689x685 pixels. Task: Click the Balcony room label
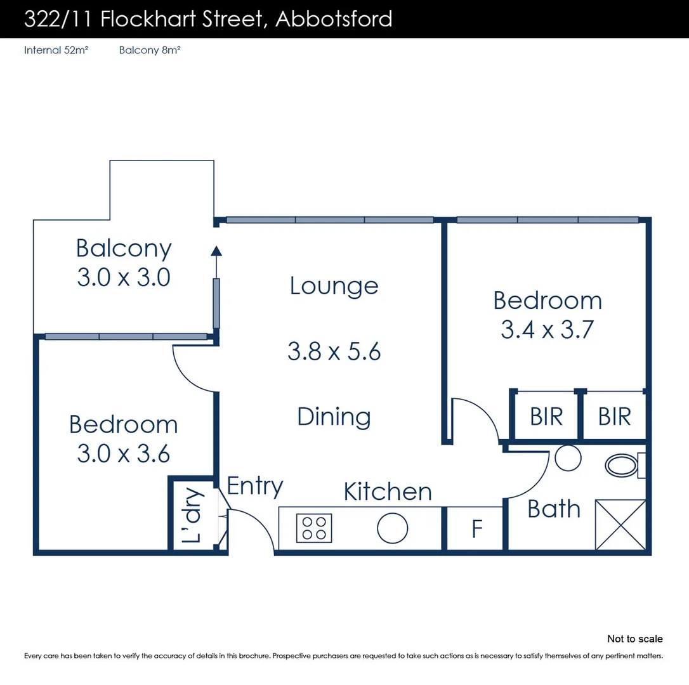point(124,249)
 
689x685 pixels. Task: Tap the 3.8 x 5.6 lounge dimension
point(334,351)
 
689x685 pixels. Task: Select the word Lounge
point(334,286)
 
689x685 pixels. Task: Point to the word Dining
point(334,417)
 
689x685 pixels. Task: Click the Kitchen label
point(388,492)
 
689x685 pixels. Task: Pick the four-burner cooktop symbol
point(314,528)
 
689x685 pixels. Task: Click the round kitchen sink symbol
point(392,528)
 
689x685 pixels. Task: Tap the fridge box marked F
point(477,529)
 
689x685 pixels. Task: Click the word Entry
point(255,486)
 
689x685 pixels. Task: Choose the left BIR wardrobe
point(546,417)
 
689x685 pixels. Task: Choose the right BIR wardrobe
point(614,417)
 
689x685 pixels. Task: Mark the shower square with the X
point(620,525)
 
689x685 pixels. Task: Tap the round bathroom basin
point(568,458)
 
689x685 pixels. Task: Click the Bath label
point(554,509)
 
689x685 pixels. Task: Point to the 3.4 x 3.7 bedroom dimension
point(547,330)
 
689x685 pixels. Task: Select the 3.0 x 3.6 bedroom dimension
point(124,453)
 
